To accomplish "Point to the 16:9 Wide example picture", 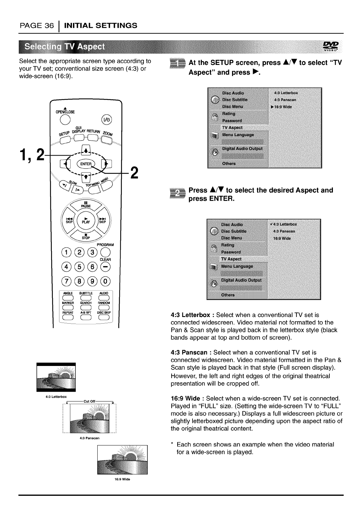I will click(118, 461).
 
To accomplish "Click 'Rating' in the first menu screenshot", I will click(229, 114).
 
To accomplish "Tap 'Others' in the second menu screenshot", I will click(228, 295).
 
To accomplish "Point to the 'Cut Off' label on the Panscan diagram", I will click(89, 401).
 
